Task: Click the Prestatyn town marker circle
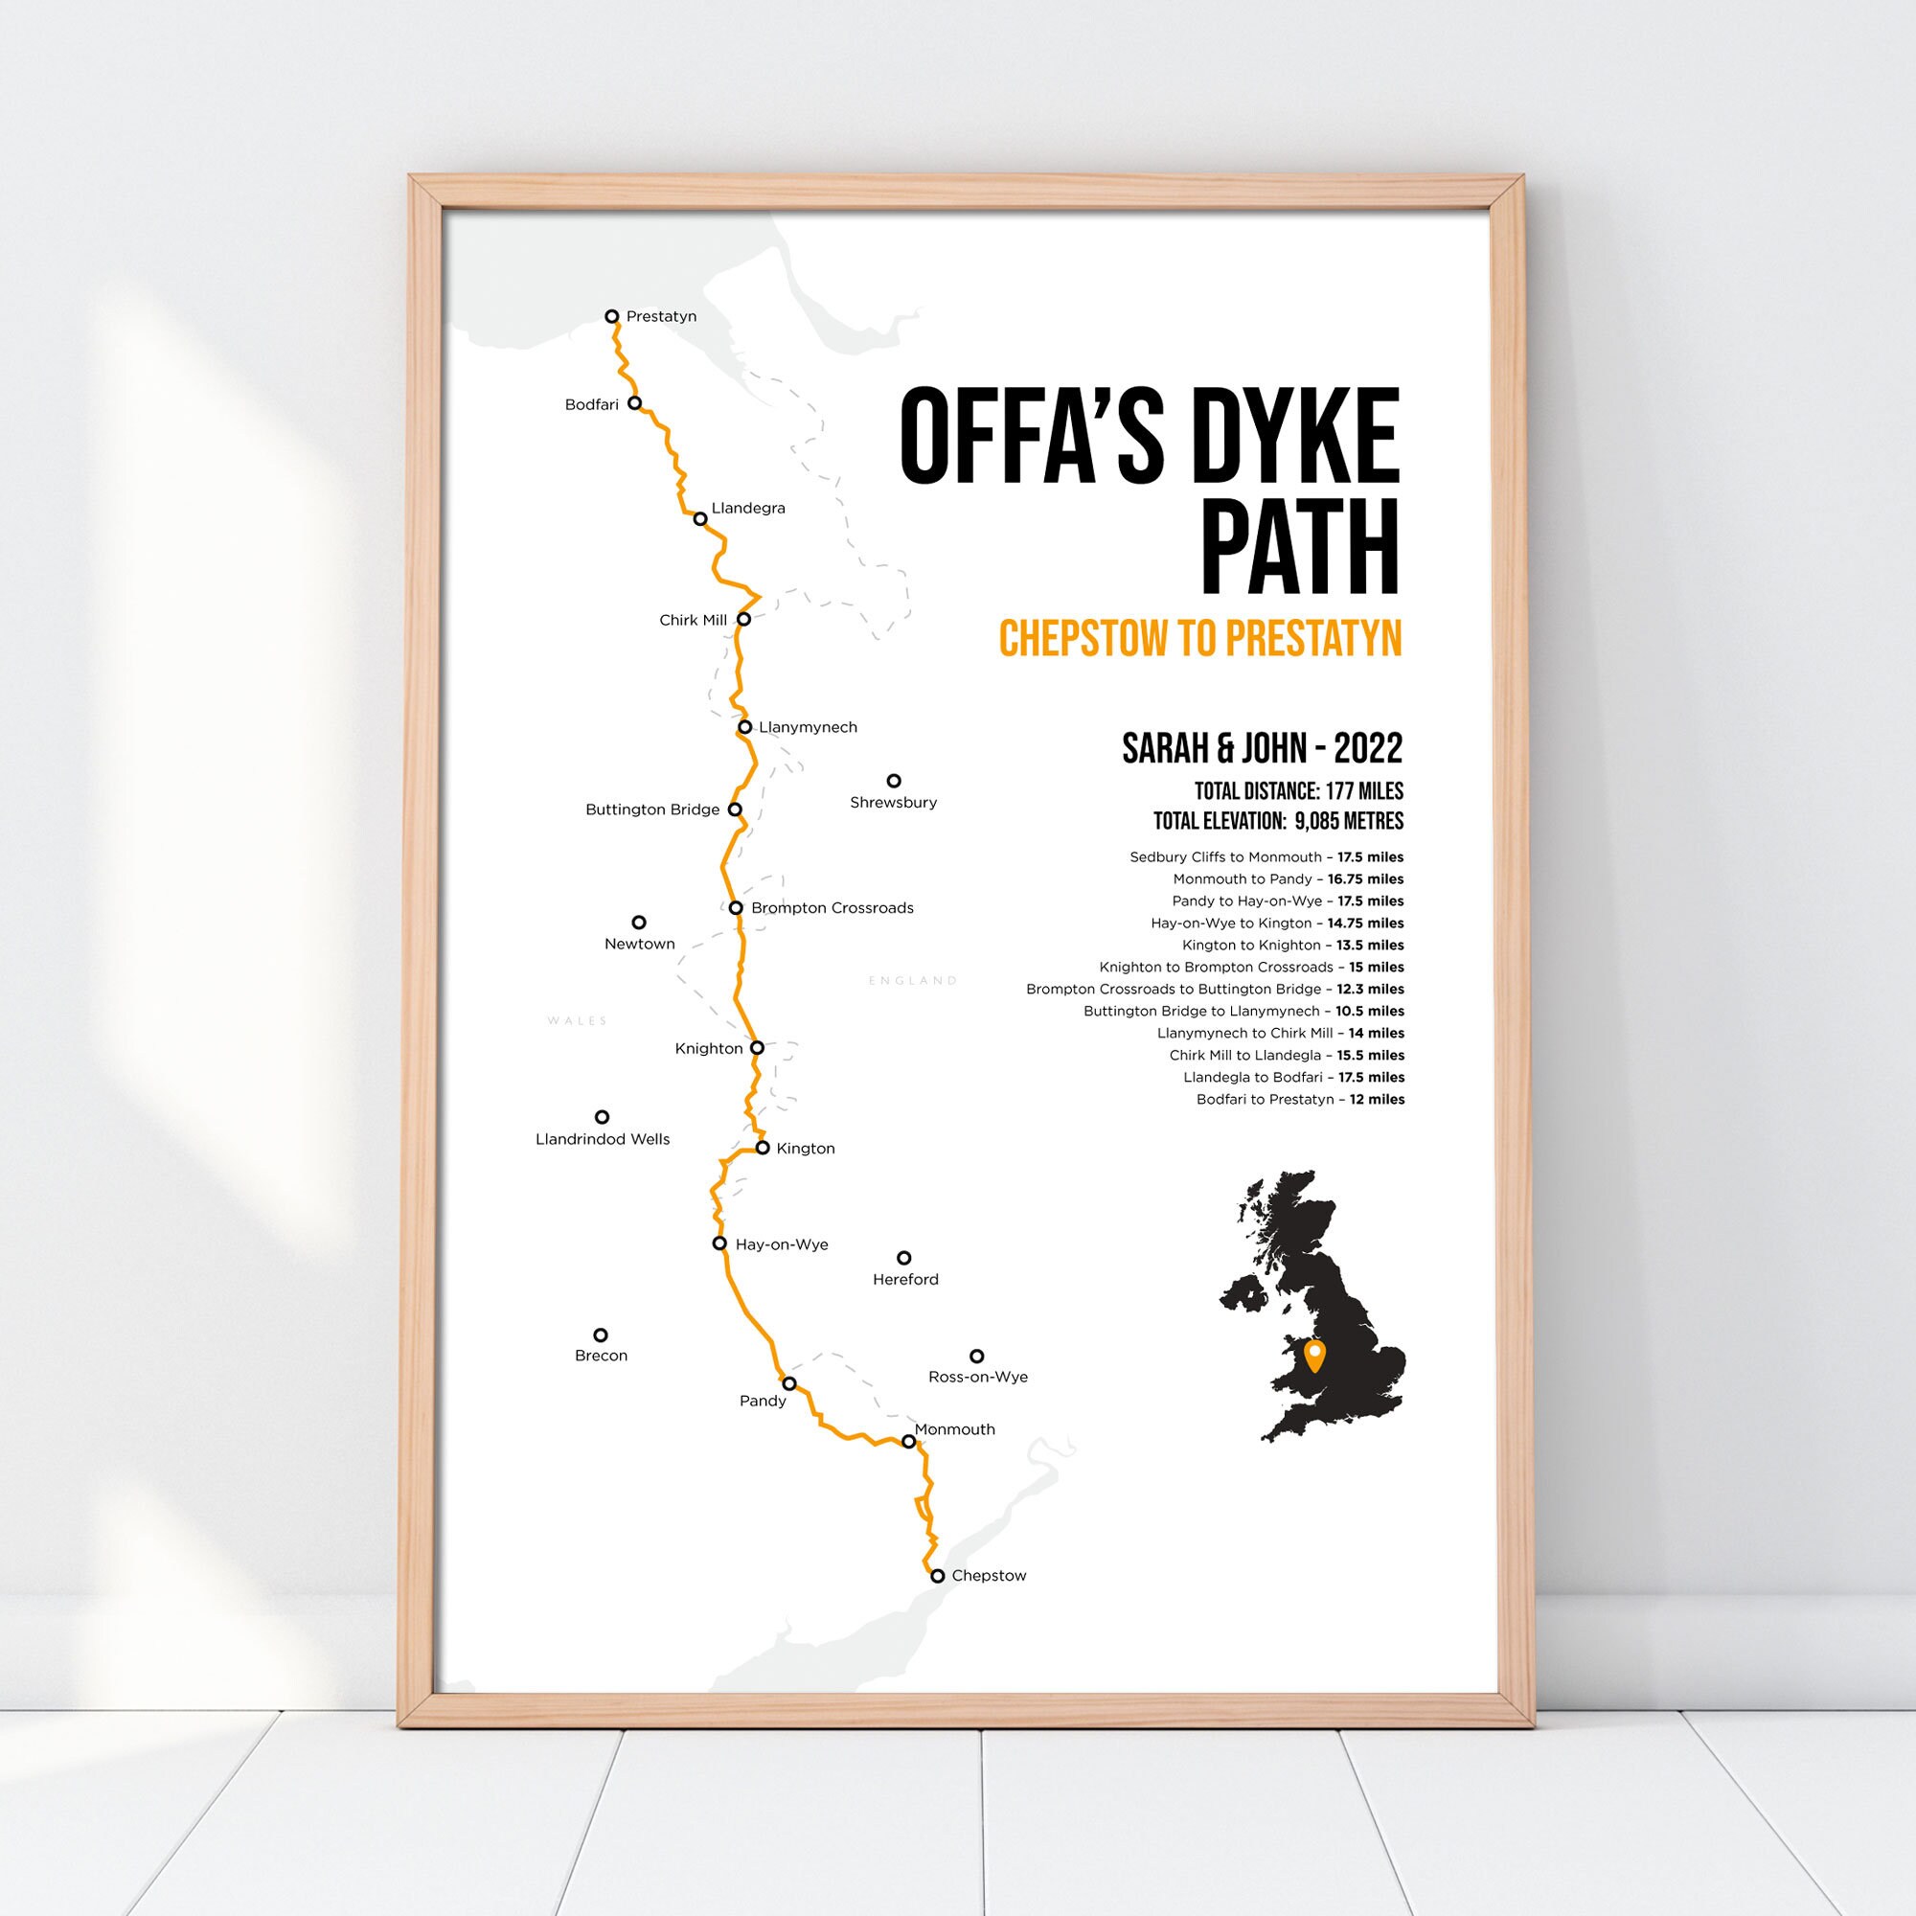(x=612, y=316)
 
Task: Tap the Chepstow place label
(x=989, y=1576)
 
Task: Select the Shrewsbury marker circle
(x=894, y=781)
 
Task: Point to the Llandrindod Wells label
(x=602, y=1139)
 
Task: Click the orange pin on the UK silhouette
(x=1315, y=1354)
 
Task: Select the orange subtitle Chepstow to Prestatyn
(x=1200, y=639)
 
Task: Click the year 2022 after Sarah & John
(x=1369, y=749)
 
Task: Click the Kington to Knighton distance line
(x=1292, y=946)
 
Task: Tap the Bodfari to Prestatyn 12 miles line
(x=1300, y=1099)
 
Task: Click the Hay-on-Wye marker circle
(x=720, y=1243)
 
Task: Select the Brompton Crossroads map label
(x=833, y=908)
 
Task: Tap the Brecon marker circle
(x=600, y=1334)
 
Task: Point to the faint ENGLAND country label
(x=912, y=981)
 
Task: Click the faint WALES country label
(x=577, y=1020)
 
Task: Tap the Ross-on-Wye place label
(x=978, y=1377)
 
